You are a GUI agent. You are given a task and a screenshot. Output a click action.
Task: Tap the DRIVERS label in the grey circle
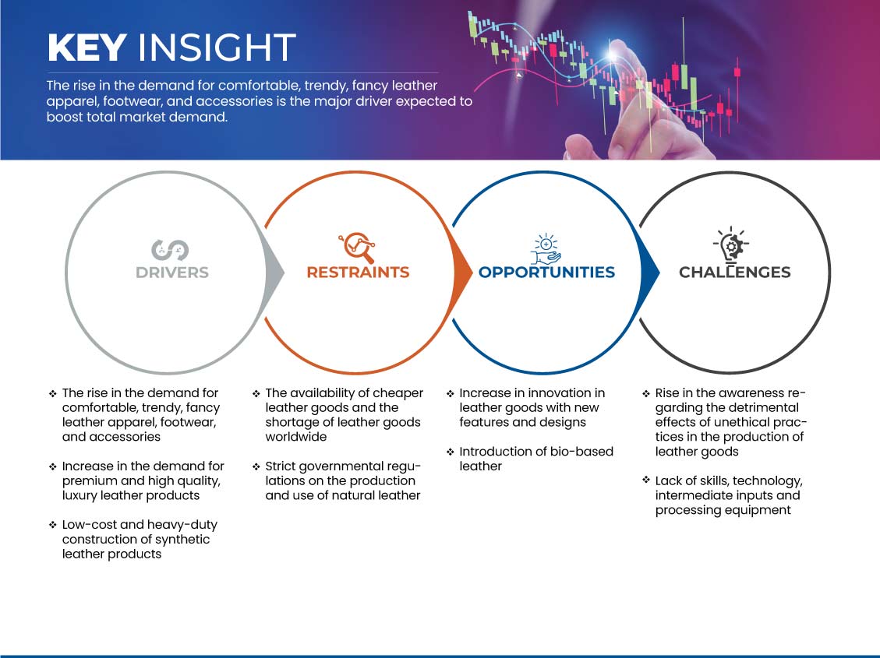click(x=172, y=273)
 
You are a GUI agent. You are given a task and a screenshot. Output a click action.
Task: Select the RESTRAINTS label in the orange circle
click(x=358, y=273)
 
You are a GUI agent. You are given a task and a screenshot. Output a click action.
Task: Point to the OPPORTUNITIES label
click(x=546, y=273)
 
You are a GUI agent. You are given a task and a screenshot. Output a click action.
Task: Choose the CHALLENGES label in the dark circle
click(x=735, y=273)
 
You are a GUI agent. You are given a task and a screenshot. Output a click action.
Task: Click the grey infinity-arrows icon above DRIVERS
click(x=170, y=250)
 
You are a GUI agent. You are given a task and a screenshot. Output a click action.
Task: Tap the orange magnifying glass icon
click(x=357, y=247)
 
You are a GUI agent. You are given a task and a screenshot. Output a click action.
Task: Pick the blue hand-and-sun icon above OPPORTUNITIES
click(x=546, y=249)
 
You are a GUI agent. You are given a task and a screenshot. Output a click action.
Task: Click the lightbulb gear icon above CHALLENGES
click(x=730, y=245)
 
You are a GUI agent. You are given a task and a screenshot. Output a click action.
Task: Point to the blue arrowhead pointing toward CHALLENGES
click(x=649, y=273)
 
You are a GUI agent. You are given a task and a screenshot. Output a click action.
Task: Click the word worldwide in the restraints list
click(x=295, y=437)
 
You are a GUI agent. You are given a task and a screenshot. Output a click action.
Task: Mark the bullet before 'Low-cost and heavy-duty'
click(x=53, y=525)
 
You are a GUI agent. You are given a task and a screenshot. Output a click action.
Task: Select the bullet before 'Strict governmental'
click(x=256, y=467)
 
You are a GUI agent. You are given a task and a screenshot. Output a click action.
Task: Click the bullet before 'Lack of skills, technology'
click(x=646, y=480)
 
